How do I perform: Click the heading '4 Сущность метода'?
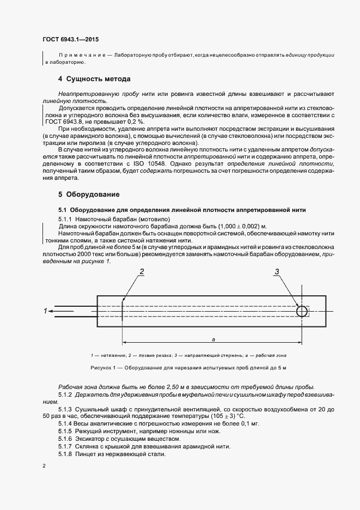pos(94,79)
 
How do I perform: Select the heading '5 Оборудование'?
pos(89,194)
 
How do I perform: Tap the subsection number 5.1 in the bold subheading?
pos(62,209)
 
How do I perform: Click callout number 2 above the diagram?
pos(142,271)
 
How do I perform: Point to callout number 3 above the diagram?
pos(277,271)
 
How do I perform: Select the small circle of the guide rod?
pos(301,311)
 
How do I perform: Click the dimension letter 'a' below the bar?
pos(213,339)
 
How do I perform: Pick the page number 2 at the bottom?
pos(45,466)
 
